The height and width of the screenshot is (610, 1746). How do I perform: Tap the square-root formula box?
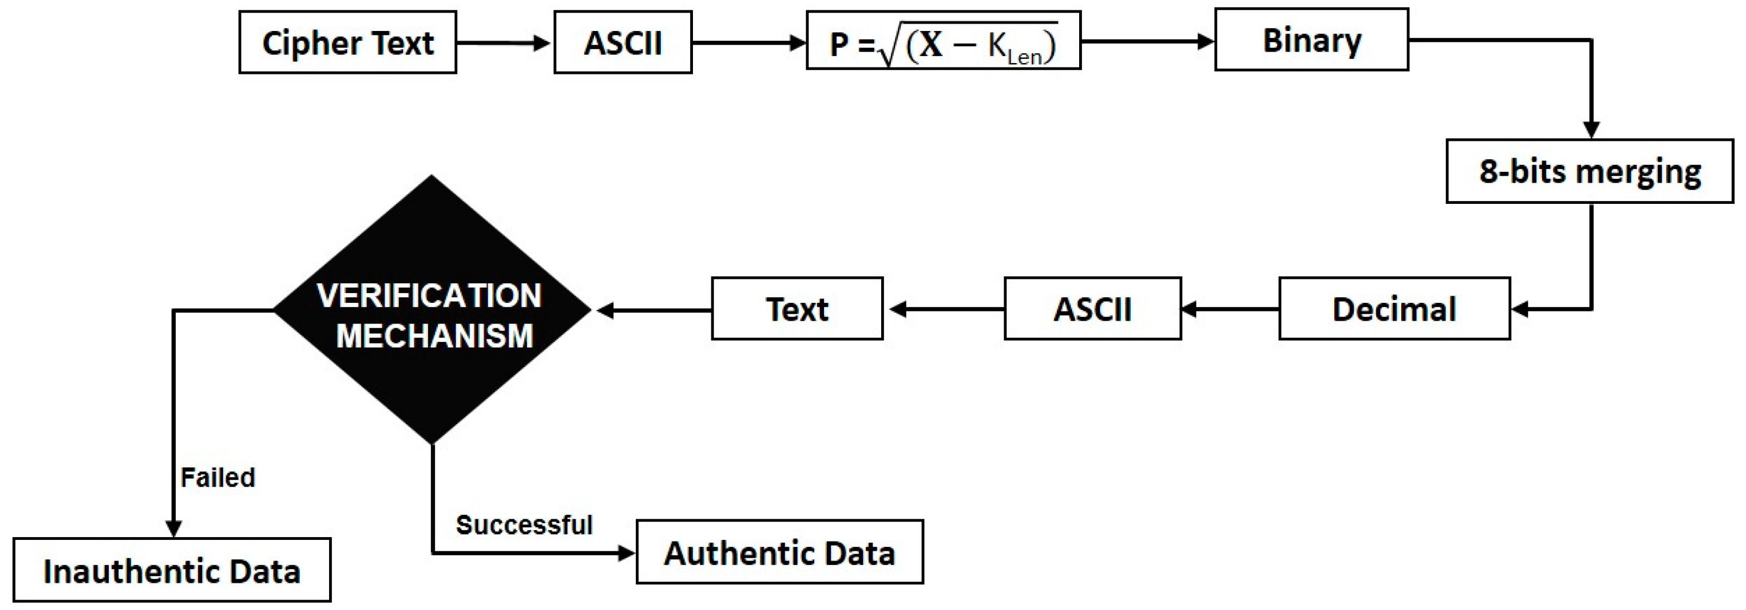(x=943, y=41)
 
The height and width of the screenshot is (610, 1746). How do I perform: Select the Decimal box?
(x=1394, y=309)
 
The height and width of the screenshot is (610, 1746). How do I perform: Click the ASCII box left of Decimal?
(x=1092, y=309)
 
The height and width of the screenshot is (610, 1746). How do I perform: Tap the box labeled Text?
(x=796, y=309)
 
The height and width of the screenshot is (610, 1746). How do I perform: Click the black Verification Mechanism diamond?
(x=432, y=310)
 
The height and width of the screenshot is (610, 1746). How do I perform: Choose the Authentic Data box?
(x=779, y=552)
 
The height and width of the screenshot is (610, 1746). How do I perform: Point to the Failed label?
(x=218, y=478)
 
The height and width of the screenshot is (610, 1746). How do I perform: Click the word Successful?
(x=523, y=525)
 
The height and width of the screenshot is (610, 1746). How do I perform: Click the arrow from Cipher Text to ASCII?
(x=504, y=43)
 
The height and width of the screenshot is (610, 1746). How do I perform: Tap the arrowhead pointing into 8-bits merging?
(x=1591, y=129)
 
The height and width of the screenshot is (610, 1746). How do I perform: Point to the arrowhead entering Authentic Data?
(x=626, y=553)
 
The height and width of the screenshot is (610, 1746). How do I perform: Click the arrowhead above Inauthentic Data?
(x=173, y=528)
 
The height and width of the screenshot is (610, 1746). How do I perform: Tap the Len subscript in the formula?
(x=1024, y=58)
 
